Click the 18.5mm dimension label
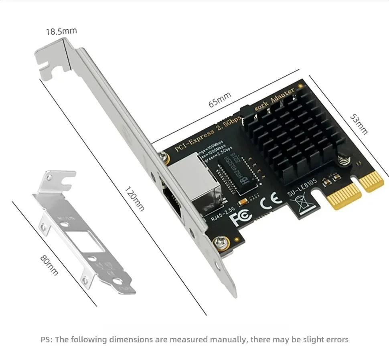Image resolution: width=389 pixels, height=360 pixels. click(61, 31)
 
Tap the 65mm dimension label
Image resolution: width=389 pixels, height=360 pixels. click(220, 99)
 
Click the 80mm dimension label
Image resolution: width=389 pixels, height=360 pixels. click(49, 265)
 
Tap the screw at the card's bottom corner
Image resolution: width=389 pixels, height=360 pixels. click(221, 242)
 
